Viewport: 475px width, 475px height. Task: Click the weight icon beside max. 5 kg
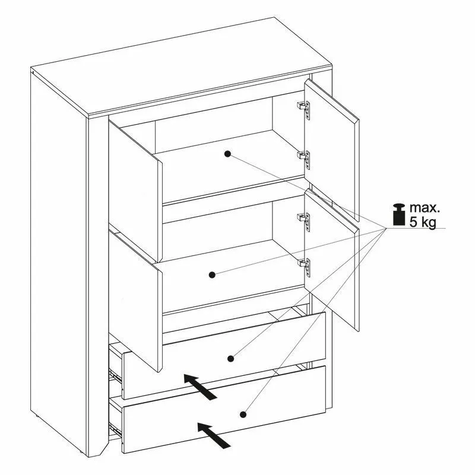[398, 214]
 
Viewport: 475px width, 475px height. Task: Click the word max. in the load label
[424, 208]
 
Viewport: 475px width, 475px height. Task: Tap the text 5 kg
[423, 221]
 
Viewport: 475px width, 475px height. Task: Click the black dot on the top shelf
[227, 154]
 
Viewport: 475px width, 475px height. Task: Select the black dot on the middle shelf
[212, 275]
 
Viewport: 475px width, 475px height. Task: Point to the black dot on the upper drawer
[231, 359]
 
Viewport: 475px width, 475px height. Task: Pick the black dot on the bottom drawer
[243, 414]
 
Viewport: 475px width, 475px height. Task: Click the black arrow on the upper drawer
[200, 387]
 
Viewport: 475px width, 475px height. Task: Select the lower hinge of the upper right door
[304, 160]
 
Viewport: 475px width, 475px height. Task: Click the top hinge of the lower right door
[304, 221]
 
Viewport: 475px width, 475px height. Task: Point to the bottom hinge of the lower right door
[304, 267]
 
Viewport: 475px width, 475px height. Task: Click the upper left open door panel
[135, 191]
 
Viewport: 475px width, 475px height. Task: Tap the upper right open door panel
[332, 148]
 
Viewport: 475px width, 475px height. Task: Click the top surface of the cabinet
[182, 66]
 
